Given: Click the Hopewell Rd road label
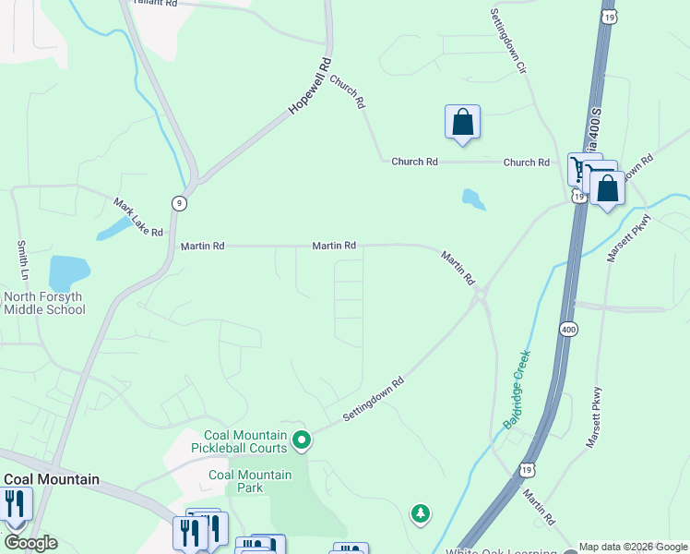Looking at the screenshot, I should (x=309, y=87).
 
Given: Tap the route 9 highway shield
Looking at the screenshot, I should (x=177, y=203).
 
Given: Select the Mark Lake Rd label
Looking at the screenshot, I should (x=138, y=217).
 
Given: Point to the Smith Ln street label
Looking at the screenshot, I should (x=22, y=261).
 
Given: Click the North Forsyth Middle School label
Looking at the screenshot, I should (x=44, y=303).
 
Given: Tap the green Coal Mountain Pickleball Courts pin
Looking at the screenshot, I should (x=301, y=441).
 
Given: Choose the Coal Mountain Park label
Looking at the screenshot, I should (x=250, y=481).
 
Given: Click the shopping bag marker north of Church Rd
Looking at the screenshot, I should (x=462, y=122).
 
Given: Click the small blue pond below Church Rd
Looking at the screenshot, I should (x=473, y=199).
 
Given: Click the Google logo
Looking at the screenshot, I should (x=30, y=542).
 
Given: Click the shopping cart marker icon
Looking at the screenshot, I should (x=582, y=169).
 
